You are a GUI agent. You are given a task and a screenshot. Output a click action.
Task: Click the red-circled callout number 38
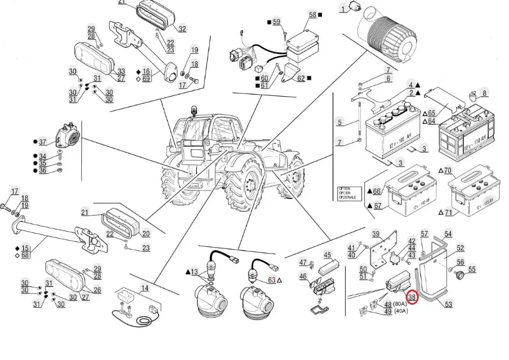pos(412,296)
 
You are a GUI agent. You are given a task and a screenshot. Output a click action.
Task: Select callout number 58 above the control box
pos(312,15)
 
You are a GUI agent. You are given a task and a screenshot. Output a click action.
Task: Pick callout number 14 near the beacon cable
pos(145,288)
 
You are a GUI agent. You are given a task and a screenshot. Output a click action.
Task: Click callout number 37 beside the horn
pos(44,142)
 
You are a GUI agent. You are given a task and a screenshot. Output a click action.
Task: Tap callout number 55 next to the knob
pos(472,269)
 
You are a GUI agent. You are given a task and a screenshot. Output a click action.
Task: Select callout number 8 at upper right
pos(485,93)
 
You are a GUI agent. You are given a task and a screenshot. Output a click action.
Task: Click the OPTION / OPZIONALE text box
pos(347,192)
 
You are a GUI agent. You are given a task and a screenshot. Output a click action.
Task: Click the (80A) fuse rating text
pos(400,304)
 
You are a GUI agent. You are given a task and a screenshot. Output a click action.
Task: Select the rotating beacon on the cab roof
pos(193,111)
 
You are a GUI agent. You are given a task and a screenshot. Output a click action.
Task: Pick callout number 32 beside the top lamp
pos(182,29)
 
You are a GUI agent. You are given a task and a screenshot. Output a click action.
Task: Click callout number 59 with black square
pos(276,22)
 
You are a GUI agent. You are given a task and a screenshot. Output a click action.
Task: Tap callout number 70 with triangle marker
pos(448,171)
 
